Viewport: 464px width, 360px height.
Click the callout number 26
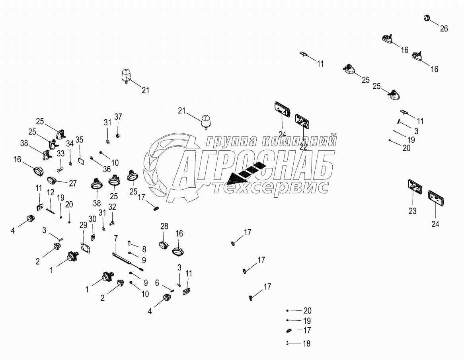[x=444, y=28]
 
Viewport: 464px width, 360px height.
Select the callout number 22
[x=304, y=146]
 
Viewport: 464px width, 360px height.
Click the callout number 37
[x=119, y=117]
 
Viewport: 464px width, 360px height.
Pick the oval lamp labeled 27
[x=52, y=181]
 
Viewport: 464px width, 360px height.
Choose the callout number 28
[x=164, y=226]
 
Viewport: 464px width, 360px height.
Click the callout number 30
[x=92, y=219]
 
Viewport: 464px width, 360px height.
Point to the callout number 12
[x=51, y=192]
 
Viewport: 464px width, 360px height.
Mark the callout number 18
[x=306, y=344]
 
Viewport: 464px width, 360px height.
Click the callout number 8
[x=144, y=249]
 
